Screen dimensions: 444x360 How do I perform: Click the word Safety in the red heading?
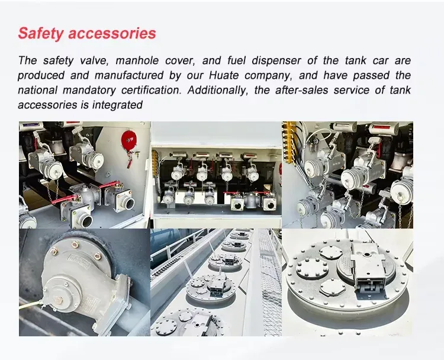(41, 33)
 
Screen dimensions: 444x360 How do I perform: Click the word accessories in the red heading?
(112, 33)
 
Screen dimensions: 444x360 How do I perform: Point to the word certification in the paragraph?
(151, 90)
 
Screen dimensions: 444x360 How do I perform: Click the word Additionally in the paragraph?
(217, 90)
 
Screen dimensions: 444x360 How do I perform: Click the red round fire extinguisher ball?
(129, 139)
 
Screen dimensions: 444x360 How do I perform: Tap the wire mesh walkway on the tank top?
(271, 283)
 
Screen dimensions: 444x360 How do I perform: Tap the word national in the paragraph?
(37, 90)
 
